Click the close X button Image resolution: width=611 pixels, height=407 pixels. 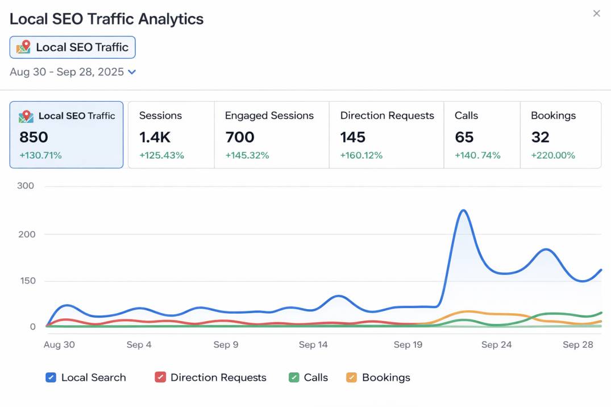pos(596,14)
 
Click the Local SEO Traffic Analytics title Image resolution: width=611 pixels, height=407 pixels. pos(106,19)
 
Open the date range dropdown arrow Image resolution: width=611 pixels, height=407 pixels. pos(132,72)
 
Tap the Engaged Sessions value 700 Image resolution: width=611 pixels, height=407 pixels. pos(240,137)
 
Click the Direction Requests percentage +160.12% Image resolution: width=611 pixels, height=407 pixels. pos(361,155)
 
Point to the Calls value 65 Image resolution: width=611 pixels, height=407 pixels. pos(464,137)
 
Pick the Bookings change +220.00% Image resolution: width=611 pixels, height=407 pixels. pos(553,155)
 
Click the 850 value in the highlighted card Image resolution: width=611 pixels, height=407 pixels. pos(34,137)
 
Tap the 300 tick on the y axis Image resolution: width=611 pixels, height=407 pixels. pos(26,186)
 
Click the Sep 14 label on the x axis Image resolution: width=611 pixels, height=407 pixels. pos(313,344)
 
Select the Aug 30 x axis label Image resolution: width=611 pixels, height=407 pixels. pos(59,344)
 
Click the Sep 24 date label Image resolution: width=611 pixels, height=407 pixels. pos(497,344)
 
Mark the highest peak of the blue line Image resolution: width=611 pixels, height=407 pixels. pos(464,210)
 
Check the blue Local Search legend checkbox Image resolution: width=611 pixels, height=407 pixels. pos(51,377)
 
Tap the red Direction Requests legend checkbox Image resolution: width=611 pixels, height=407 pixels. pos(160,377)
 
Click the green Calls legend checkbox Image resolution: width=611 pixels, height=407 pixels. pos(294,377)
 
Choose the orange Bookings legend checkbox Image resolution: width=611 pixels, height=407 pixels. pos(352,377)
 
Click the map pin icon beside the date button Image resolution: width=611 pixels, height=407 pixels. pos(23,47)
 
